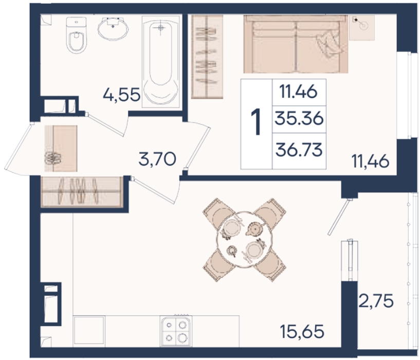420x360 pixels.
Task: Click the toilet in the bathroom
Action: (x=76, y=35)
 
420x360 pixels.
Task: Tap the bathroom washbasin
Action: (x=113, y=28)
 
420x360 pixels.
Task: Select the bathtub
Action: (x=161, y=62)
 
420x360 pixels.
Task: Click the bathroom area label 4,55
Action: (x=122, y=94)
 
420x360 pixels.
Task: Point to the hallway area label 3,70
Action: (x=157, y=159)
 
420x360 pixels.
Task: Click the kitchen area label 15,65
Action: (x=302, y=332)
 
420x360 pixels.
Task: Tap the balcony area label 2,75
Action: (x=376, y=300)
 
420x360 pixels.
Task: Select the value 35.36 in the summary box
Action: (x=299, y=119)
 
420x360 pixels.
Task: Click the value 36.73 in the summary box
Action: (x=299, y=150)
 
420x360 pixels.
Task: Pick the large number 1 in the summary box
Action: (x=256, y=122)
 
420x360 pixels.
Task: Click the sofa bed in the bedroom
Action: (x=296, y=44)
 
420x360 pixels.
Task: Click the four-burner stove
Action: (x=176, y=331)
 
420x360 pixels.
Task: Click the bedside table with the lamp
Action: (x=362, y=28)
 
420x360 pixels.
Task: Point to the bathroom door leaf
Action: (x=106, y=125)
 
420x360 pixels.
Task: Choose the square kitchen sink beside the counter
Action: (x=89, y=330)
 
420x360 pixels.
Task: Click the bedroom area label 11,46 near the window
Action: (x=371, y=161)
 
